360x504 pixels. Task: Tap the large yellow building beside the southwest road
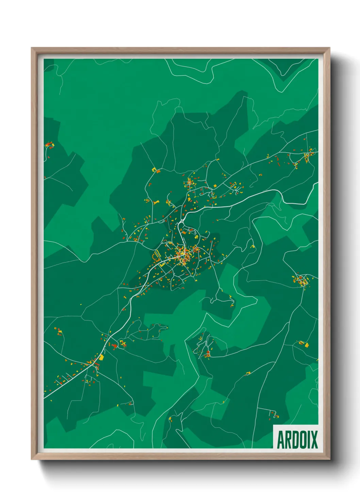(101, 357)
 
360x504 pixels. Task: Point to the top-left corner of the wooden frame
(33, 49)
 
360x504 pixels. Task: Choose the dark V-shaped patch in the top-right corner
(285, 70)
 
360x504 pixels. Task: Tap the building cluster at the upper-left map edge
(50, 145)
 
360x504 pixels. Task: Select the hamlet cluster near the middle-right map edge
(300, 280)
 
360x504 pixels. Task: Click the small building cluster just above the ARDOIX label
(274, 415)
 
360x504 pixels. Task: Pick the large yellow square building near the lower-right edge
(306, 345)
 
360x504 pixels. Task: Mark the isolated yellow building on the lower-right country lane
(248, 373)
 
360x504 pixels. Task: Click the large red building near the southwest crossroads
(115, 346)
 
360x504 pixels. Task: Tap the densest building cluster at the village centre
(183, 254)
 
